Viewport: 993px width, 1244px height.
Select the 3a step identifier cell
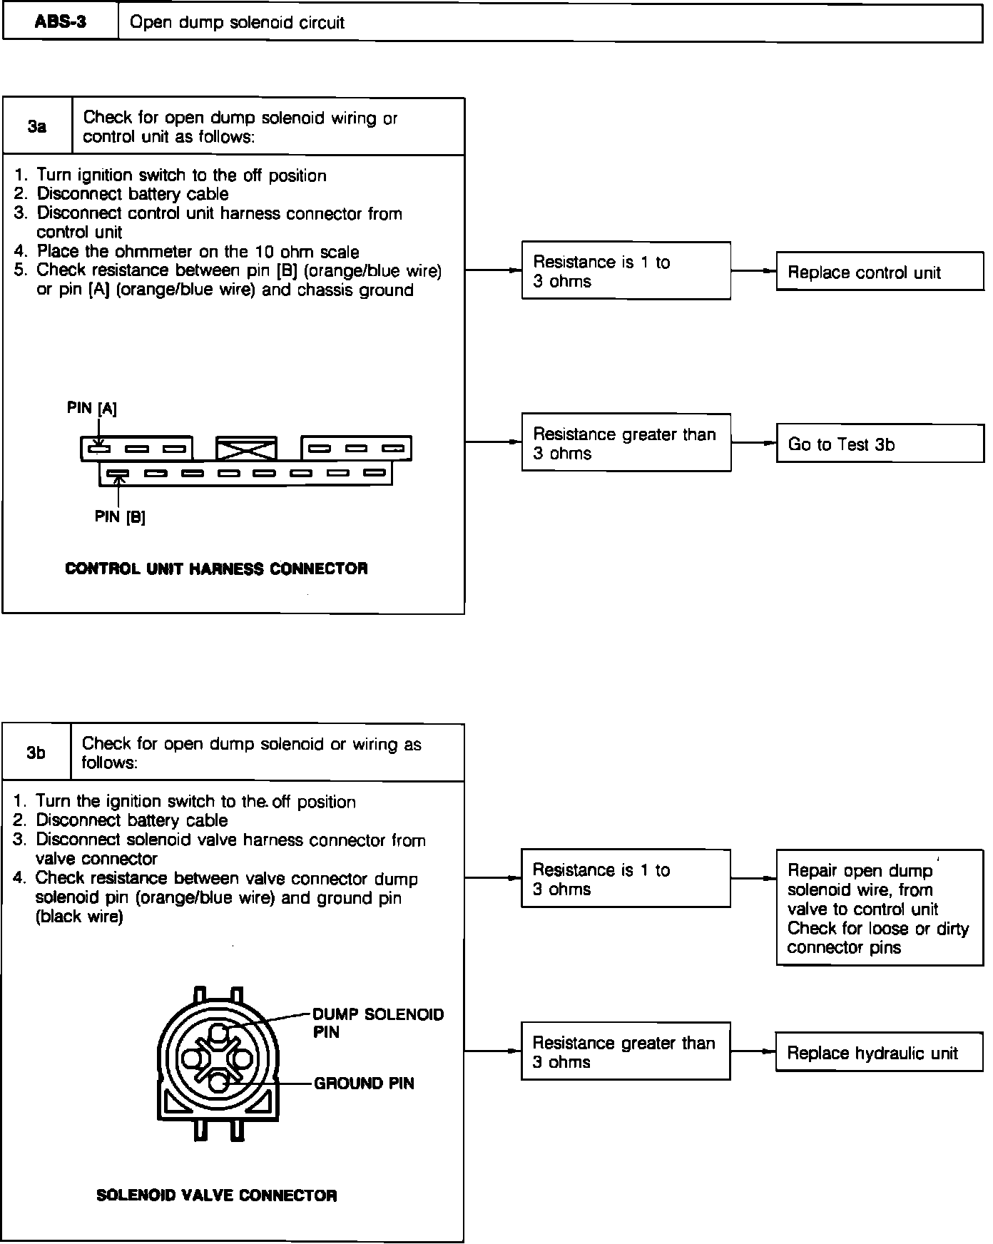click(37, 127)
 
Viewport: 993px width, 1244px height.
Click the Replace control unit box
click(879, 272)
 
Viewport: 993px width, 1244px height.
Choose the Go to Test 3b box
click(879, 444)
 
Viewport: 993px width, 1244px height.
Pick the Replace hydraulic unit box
click(878, 1053)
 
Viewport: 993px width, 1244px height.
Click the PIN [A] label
click(91, 408)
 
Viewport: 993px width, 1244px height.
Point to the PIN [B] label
click(120, 517)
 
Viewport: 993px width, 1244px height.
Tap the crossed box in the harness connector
click(246, 449)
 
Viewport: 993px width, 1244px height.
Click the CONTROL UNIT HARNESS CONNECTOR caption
click(216, 569)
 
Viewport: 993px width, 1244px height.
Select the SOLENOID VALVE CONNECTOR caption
click(216, 1195)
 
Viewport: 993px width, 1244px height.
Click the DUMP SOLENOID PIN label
click(378, 1023)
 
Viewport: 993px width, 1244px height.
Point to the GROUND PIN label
click(364, 1083)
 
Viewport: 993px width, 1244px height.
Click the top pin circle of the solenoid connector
click(219, 1032)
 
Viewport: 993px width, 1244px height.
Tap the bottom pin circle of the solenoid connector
click(219, 1083)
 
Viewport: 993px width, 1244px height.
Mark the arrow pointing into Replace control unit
click(768, 271)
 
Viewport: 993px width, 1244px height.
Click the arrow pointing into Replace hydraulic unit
click(768, 1051)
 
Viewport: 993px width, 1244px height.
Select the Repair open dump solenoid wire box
click(879, 908)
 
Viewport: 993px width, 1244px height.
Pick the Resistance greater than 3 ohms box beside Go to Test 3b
click(626, 443)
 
